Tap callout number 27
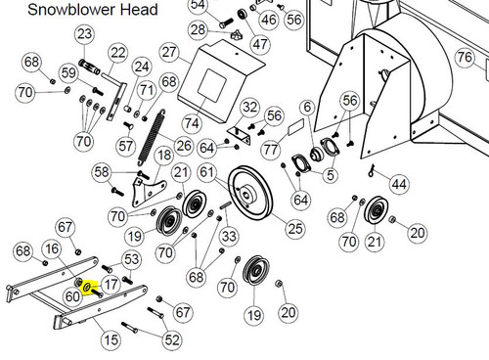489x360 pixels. pyautogui.click(x=169, y=52)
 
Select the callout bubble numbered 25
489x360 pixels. pyautogui.click(x=295, y=229)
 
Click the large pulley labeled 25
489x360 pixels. pyautogui.click(x=250, y=194)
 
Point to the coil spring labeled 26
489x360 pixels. pyautogui.click(x=151, y=138)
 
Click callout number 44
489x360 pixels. pyautogui.click(x=399, y=184)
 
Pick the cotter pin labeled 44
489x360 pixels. pyautogui.click(x=372, y=170)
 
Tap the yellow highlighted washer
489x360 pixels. pyautogui.click(x=87, y=288)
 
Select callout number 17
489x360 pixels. pyautogui.click(x=111, y=285)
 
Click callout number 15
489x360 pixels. pyautogui.click(x=111, y=340)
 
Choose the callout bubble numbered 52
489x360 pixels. pyautogui.click(x=172, y=340)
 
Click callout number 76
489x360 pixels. pyautogui.click(x=465, y=57)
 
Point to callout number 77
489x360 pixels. pyautogui.click(x=271, y=150)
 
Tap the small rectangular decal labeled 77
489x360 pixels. pyautogui.click(x=296, y=126)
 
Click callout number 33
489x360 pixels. pyautogui.click(x=229, y=236)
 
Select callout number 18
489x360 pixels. pyautogui.click(x=164, y=155)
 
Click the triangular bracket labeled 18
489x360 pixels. pyautogui.click(x=149, y=193)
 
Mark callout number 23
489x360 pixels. pyautogui.click(x=85, y=34)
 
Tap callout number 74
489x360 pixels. pyautogui.click(x=192, y=123)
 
